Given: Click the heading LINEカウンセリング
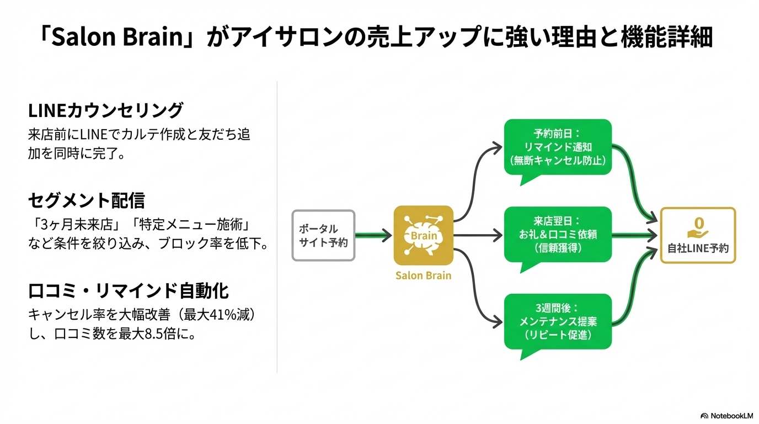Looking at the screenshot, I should (105, 111).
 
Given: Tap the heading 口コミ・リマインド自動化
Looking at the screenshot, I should (128, 291).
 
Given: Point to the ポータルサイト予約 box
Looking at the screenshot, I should (323, 236).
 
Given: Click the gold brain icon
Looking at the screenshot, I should (423, 236).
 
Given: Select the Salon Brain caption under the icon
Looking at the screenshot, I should (423, 275).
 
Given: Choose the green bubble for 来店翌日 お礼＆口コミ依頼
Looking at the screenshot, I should (558, 235).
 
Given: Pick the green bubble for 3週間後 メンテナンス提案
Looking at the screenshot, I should (558, 321).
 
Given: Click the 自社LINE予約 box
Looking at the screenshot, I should (698, 236).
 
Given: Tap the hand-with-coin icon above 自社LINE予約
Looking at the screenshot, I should (698, 225).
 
